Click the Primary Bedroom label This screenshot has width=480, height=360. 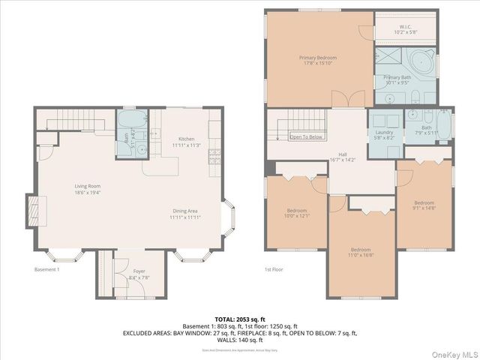pos(317,58)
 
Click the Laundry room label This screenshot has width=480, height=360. pos(384,133)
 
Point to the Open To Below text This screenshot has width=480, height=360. pos(307,137)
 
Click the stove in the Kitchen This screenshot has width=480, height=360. pos(213,155)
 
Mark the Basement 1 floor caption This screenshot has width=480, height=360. pos(46,269)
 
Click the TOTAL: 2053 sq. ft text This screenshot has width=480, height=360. pos(239,319)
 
